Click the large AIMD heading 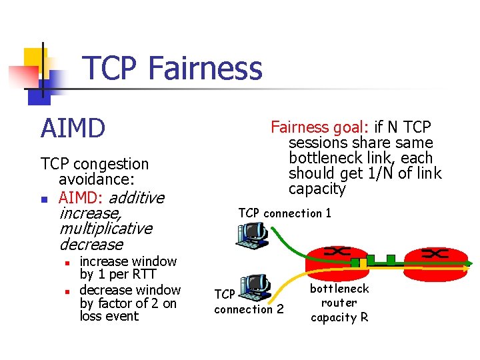73,128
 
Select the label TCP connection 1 285,213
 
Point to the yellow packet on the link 356,263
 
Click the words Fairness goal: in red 308,127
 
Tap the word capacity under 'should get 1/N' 317,189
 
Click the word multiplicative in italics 105,229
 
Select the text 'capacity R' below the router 339,318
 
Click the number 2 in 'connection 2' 279,309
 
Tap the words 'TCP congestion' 95,164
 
